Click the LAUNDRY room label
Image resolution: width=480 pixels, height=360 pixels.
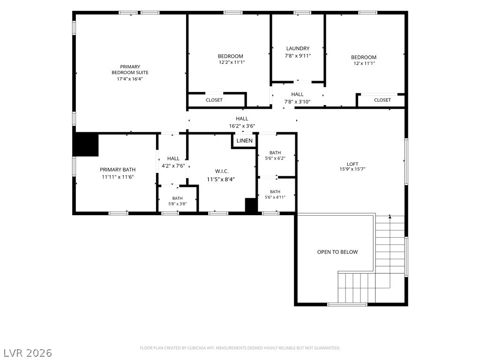point(298,48)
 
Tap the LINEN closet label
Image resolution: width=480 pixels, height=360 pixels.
point(244,141)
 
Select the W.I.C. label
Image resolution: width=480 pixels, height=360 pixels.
point(222,172)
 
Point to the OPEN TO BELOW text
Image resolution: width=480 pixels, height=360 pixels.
point(337,252)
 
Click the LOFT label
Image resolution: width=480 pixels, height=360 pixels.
point(352,164)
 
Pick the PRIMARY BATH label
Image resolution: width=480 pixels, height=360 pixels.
point(118,170)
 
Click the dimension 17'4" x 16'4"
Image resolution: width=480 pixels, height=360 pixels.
point(130,79)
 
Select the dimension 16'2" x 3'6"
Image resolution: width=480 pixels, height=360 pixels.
point(242,126)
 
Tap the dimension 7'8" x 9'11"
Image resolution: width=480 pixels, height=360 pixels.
point(298,56)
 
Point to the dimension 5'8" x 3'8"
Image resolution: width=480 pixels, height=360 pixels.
point(177,204)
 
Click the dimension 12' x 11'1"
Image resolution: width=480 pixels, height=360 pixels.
point(364,63)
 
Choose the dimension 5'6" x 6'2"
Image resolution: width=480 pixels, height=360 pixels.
point(275,158)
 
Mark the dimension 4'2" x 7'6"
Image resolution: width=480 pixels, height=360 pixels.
point(173,165)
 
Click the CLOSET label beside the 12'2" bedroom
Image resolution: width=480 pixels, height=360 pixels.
point(214,100)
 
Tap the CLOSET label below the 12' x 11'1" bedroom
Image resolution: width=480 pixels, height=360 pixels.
point(382,100)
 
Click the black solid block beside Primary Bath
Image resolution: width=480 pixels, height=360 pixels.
point(86,144)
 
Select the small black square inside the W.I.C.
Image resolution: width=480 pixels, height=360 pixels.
point(251,205)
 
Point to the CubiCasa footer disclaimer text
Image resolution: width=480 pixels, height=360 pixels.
point(240,348)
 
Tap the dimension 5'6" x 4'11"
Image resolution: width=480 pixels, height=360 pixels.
point(275,197)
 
